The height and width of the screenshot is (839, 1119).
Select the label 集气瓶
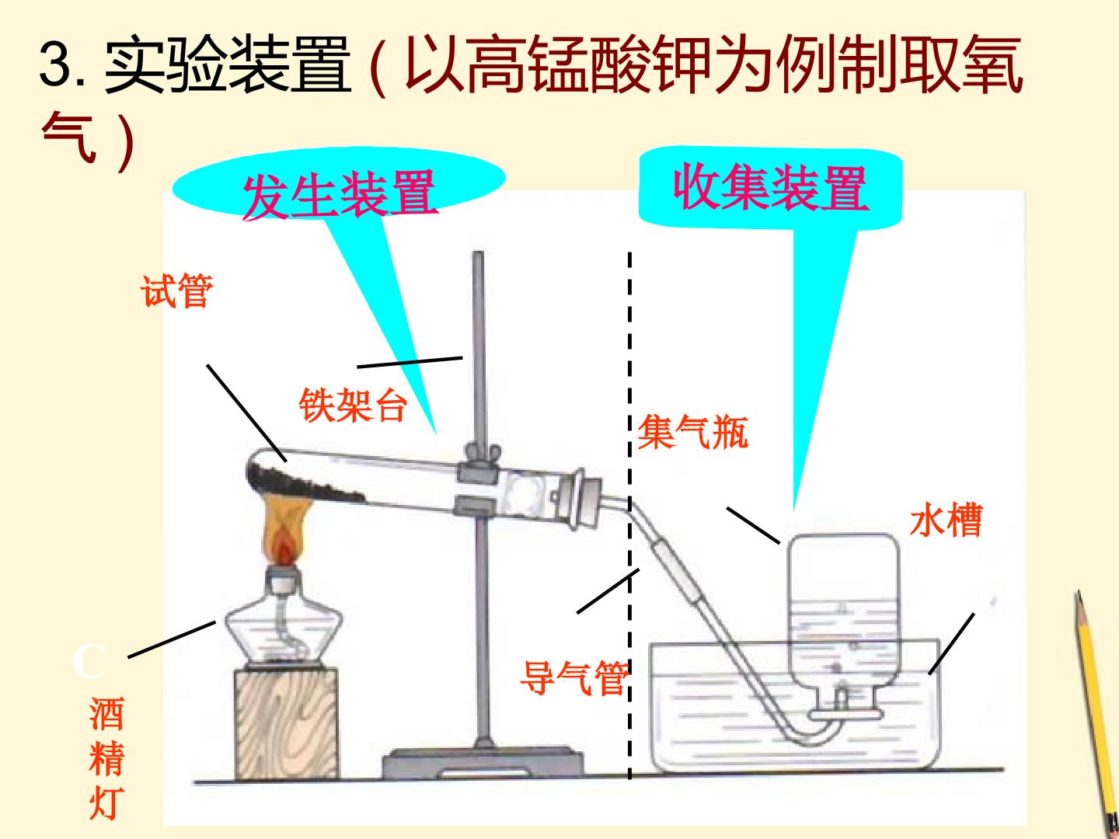coord(692,431)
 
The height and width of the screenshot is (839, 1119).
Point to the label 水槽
coord(946,520)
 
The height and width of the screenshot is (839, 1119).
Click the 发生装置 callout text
coord(340,194)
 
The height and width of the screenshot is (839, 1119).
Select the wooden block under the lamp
coord(287,722)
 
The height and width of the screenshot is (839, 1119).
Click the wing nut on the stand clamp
coord(481,451)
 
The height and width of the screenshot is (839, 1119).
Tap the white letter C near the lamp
coord(89,661)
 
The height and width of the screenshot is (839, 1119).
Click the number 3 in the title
coord(55,64)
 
